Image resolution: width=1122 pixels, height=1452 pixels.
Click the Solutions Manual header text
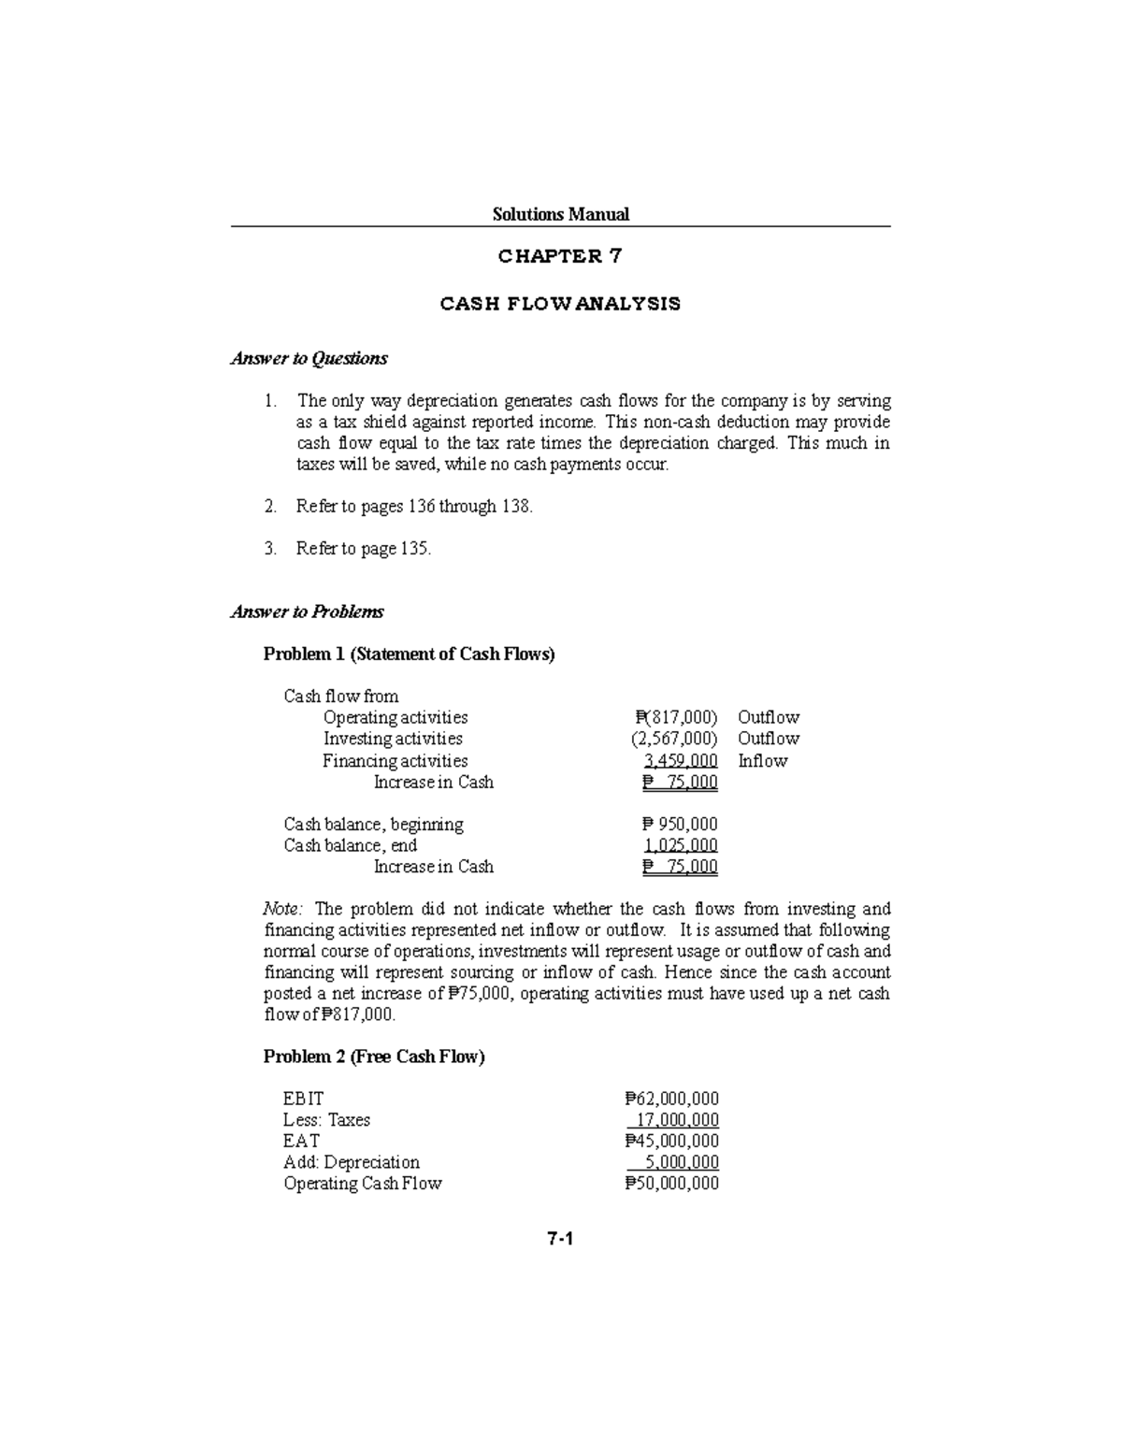[560, 214]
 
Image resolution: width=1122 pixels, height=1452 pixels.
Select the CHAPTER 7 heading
[560, 256]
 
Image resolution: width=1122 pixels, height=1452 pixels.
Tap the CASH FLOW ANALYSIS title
[560, 304]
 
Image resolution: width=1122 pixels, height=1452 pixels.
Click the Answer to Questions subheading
[309, 358]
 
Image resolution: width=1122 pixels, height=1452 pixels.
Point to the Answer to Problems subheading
[307, 611]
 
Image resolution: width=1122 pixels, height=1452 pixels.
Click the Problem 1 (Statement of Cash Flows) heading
[409, 654]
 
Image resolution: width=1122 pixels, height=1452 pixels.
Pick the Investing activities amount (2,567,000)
[674, 739]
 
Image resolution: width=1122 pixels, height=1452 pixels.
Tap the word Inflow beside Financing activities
[762, 761]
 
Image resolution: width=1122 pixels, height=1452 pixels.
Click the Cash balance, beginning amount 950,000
[680, 825]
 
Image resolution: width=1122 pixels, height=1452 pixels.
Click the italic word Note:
[282, 909]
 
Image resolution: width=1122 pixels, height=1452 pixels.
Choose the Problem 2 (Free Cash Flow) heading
[374, 1057]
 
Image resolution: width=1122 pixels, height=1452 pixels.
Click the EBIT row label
[303, 1099]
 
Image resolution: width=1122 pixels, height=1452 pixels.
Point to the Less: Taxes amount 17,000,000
[677, 1120]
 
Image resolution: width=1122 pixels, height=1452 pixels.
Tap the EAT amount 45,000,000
[671, 1142]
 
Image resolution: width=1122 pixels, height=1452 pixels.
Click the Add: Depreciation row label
[351, 1162]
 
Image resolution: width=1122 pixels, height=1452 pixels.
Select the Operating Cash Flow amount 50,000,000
[671, 1184]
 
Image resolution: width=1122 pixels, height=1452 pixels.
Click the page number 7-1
[560, 1239]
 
